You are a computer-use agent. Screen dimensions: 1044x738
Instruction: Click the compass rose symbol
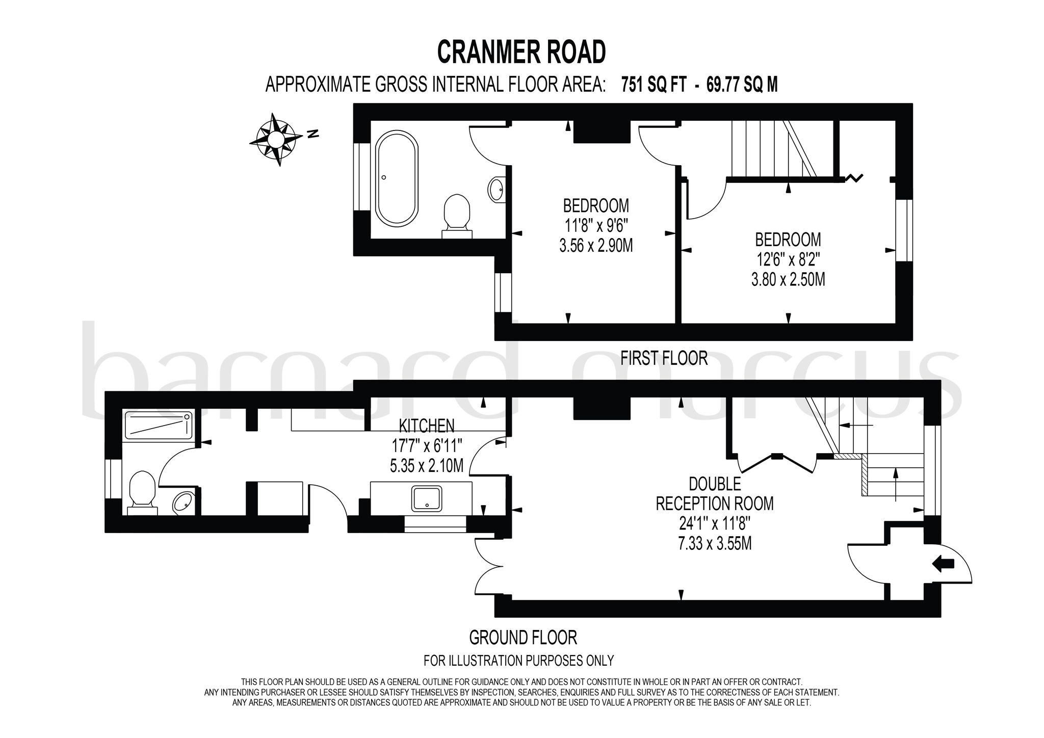[276, 139]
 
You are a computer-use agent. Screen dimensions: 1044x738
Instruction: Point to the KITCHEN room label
[426, 425]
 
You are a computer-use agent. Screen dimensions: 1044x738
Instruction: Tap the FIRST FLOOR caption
[664, 358]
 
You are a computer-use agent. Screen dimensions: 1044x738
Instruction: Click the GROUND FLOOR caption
[523, 637]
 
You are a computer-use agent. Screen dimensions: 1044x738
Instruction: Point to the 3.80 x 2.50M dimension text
[788, 279]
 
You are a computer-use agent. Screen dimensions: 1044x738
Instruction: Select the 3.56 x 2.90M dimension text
[596, 246]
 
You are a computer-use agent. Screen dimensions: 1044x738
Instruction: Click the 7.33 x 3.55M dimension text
[715, 543]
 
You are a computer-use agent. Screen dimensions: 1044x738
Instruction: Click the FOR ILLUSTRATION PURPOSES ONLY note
[518, 661]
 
